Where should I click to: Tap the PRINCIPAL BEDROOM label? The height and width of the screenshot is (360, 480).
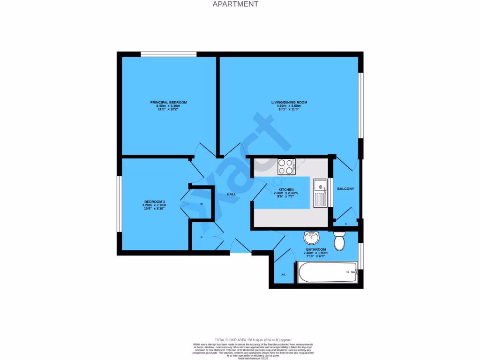pos(168,102)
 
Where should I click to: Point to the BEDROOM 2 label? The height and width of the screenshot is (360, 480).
pos(154,202)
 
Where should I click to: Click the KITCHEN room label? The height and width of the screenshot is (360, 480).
pos(285,189)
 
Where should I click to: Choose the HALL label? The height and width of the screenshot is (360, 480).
pos(231,194)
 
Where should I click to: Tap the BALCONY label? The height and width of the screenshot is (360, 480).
pos(345,189)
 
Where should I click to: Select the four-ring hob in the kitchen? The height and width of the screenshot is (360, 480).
pos(286,166)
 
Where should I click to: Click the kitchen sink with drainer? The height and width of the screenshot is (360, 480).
pos(321,193)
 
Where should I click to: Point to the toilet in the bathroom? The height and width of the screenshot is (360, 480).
pos(339,240)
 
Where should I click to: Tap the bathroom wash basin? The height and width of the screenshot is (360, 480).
pos(311,237)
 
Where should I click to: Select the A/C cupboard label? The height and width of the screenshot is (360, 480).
pos(284,274)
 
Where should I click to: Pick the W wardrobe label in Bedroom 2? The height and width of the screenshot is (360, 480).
pos(202,204)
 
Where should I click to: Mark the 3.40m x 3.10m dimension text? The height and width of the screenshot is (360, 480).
pos(168,106)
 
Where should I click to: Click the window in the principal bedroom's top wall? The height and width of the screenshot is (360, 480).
pos(169,54)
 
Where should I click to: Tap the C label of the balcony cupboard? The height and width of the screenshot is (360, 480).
pos(346,224)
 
